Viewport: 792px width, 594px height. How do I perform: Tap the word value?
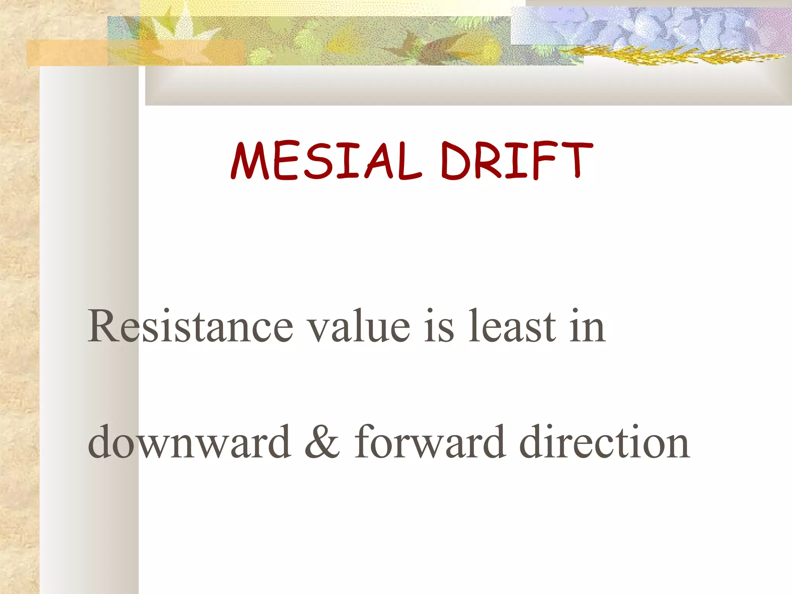pos(360,327)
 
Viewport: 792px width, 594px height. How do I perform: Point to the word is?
pos(439,327)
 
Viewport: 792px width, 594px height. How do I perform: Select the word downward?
pos(189,442)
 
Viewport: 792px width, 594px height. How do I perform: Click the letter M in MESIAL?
pos(250,161)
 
